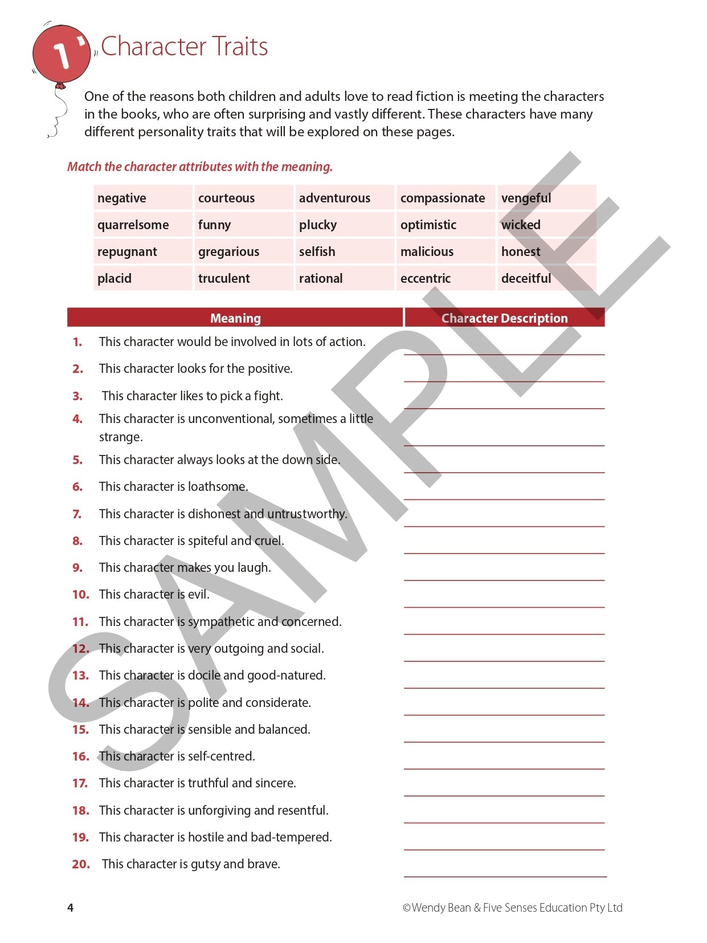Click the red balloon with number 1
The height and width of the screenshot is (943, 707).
[61, 54]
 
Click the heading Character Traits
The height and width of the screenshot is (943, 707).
[184, 47]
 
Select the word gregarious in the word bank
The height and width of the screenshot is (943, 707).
[228, 251]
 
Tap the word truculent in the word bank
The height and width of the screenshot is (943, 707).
[224, 278]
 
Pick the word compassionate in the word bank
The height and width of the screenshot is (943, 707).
[443, 198]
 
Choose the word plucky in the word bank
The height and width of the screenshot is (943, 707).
[318, 225]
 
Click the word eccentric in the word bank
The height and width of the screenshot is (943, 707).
[425, 278]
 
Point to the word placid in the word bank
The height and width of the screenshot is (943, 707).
[115, 278]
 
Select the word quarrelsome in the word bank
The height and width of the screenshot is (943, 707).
[133, 225]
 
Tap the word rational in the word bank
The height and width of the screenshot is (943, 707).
[321, 278]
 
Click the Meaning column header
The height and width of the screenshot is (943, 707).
[235, 318]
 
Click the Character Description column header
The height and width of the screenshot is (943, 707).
[504, 318]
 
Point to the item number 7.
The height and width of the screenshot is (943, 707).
[77, 514]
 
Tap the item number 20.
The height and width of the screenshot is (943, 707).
[81, 864]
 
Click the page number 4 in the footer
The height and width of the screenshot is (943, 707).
[70, 908]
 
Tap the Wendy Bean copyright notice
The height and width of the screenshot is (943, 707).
[512, 908]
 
